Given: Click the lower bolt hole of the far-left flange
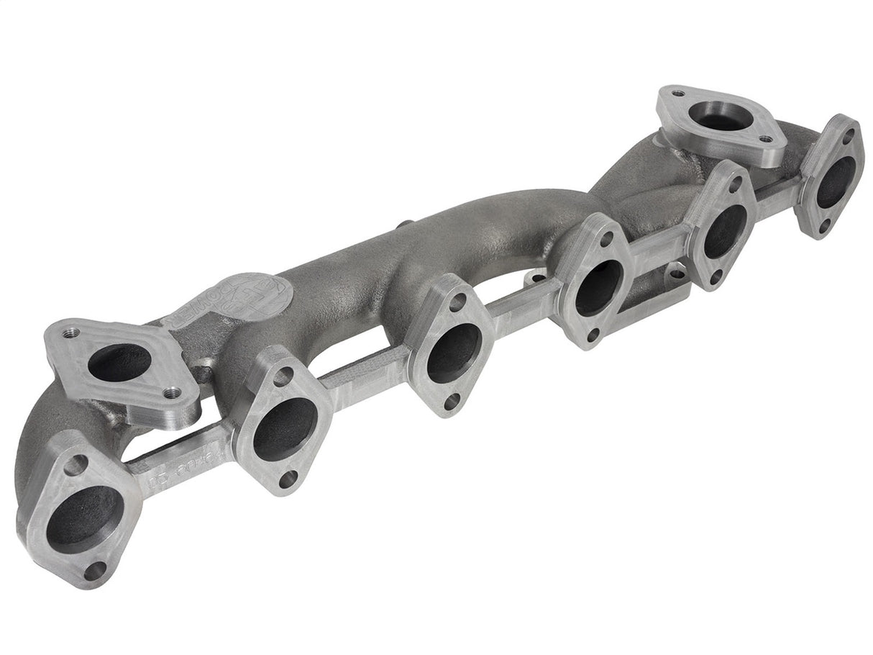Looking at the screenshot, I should click(93, 570).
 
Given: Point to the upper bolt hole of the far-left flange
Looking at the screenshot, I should click(74, 464).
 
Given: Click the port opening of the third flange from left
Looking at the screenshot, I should click(453, 352).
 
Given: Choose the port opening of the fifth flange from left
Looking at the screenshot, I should click(723, 230).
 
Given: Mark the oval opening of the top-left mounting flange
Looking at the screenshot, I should click(119, 362).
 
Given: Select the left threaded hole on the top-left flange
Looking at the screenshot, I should click(70, 333).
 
